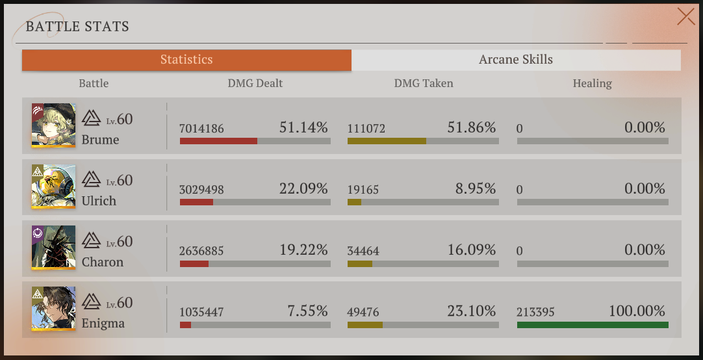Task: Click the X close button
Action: point(685,17)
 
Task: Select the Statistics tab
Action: point(186,60)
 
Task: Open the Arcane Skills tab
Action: point(516,60)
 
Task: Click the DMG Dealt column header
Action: point(255,83)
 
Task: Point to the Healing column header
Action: point(593,83)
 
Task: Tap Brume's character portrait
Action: point(53,125)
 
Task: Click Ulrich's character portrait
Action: point(53,186)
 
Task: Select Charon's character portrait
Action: point(53,248)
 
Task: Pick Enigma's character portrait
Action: point(53,309)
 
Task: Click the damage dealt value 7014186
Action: point(201,129)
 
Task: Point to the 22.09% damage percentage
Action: point(303,188)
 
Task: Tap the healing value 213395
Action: point(535,312)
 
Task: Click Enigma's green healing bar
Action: point(593,324)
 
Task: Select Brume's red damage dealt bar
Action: point(218,141)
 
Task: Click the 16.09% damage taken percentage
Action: point(472,250)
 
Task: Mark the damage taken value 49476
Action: point(363,312)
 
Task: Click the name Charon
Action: point(102,262)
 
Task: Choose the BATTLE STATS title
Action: point(77,27)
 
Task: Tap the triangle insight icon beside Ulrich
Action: point(92,179)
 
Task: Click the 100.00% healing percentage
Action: point(637,311)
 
